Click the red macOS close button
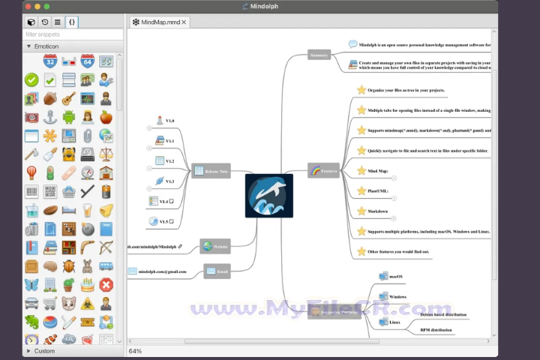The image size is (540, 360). tap(28, 7)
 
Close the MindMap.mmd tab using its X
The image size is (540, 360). tap(184, 22)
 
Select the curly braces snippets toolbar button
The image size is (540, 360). tap(72, 22)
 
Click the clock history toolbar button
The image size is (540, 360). tap(45, 22)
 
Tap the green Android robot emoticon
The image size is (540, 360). tap(69, 116)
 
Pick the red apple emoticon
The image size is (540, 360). tap(106, 116)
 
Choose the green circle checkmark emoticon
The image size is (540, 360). tap(31, 79)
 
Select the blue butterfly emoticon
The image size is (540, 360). tap(31, 284)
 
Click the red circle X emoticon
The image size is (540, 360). tap(106, 284)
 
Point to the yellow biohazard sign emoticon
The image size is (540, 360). tap(88, 303)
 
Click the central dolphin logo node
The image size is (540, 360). tap(269, 196)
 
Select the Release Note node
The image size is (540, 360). tap(211, 171)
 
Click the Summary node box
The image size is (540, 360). tap(319, 55)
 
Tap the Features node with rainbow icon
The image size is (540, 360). tap(324, 171)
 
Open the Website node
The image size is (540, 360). tap(215, 246)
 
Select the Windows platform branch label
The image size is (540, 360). tap(397, 297)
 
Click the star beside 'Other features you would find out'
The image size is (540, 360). tap(361, 251)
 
